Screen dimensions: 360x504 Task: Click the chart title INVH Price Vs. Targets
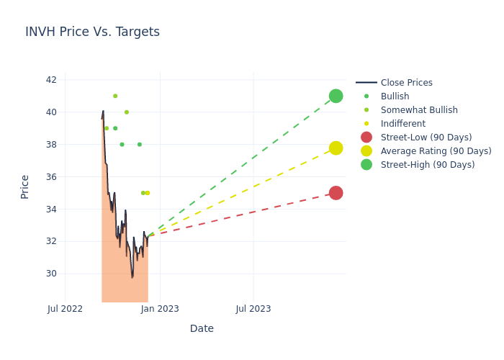point(92,32)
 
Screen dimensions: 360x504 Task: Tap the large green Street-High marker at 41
point(336,96)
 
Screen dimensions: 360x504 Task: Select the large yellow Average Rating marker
point(336,148)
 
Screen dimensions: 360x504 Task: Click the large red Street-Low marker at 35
point(336,193)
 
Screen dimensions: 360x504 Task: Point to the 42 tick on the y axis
point(52,80)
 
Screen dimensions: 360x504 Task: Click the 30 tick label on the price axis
point(52,274)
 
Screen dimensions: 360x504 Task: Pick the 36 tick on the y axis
point(52,177)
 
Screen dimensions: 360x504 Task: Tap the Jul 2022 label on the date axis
point(66,309)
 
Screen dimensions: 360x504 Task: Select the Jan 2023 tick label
point(159,309)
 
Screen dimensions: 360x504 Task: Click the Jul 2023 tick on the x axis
point(253,309)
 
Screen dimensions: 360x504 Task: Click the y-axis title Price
point(25,186)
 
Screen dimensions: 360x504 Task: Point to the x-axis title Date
point(202,329)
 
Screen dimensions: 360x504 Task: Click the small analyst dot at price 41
point(115,96)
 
